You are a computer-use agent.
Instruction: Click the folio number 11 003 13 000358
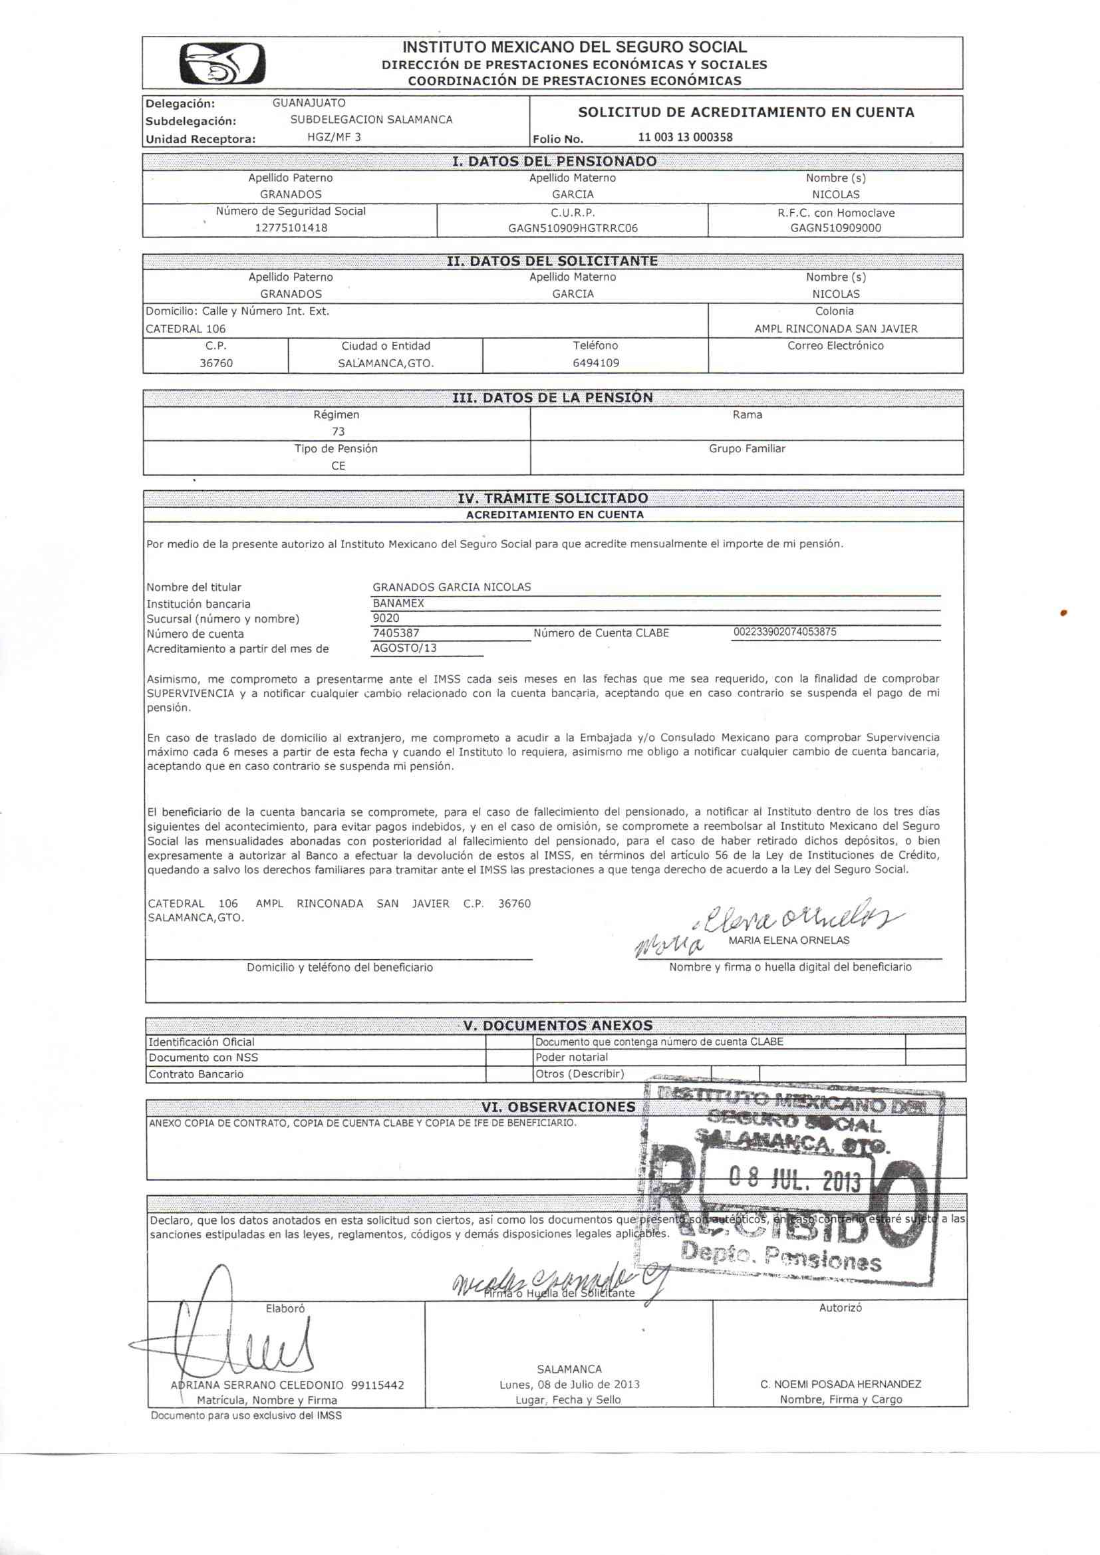coord(685,137)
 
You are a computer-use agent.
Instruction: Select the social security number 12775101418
coord(291,227)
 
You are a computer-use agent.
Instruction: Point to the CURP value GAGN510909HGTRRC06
coord(573,228)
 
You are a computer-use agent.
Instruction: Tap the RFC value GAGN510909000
coord(835,228)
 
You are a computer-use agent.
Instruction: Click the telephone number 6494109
coord(595,362)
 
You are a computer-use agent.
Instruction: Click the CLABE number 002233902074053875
coord(784,632)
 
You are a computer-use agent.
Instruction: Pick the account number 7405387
coord(396,633)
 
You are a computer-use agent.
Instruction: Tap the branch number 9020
coord(386,618)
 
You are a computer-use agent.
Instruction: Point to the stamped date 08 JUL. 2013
coord(794,1179)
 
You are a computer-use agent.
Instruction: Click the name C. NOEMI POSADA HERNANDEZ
coord(840,1383)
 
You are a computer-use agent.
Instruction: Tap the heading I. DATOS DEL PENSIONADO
coord(554,161)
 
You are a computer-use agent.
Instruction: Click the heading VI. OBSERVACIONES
coord(558,1107)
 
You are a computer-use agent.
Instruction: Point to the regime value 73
coord(338,432)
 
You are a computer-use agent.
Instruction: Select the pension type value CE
coord(338,466)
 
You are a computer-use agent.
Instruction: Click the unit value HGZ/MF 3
coord(334,137)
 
